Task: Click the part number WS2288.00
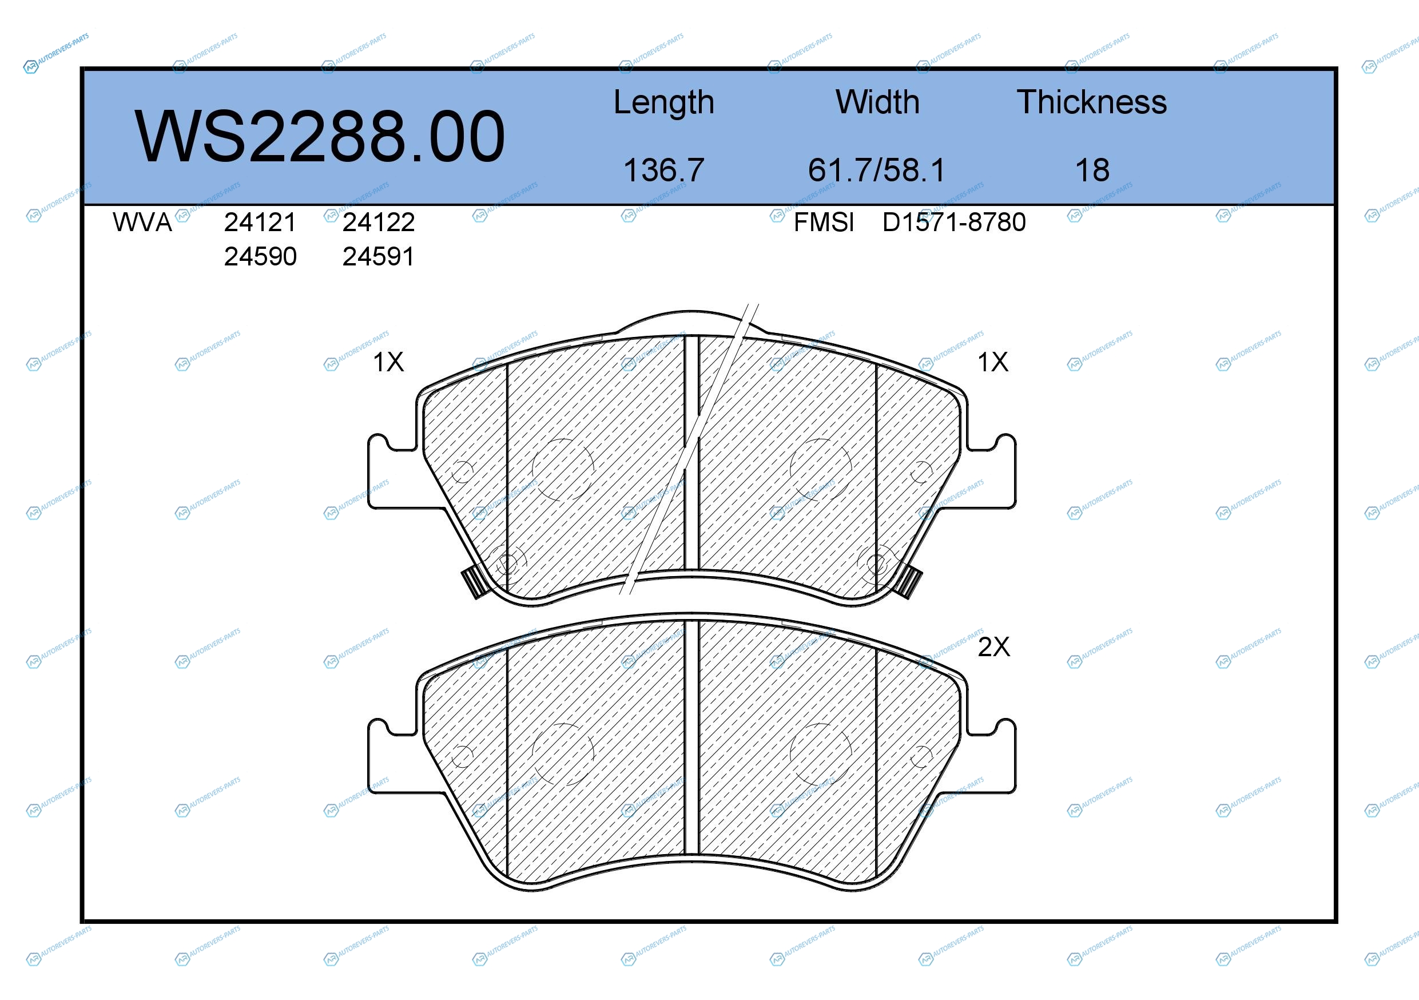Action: pyautogui.click(x=320, y=137)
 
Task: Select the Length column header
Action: pyautogui.click(x=664, y=102)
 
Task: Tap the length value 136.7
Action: pyautogui.click(x=664, y=170)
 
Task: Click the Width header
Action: pyautogui.click(x=877, y=102)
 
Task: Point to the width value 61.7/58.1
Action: pyautogui.click(x=876, y=170)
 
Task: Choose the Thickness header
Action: pyautogui.click(x=1091, y=102)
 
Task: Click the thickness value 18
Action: pyautogui.click(x=1092, y=170)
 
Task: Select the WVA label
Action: pyautogui.click(x=142, y=223)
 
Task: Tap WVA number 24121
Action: pyautogui.click(x=260, y=223)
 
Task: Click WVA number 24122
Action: pyautogui.click(x=378, y=223)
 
